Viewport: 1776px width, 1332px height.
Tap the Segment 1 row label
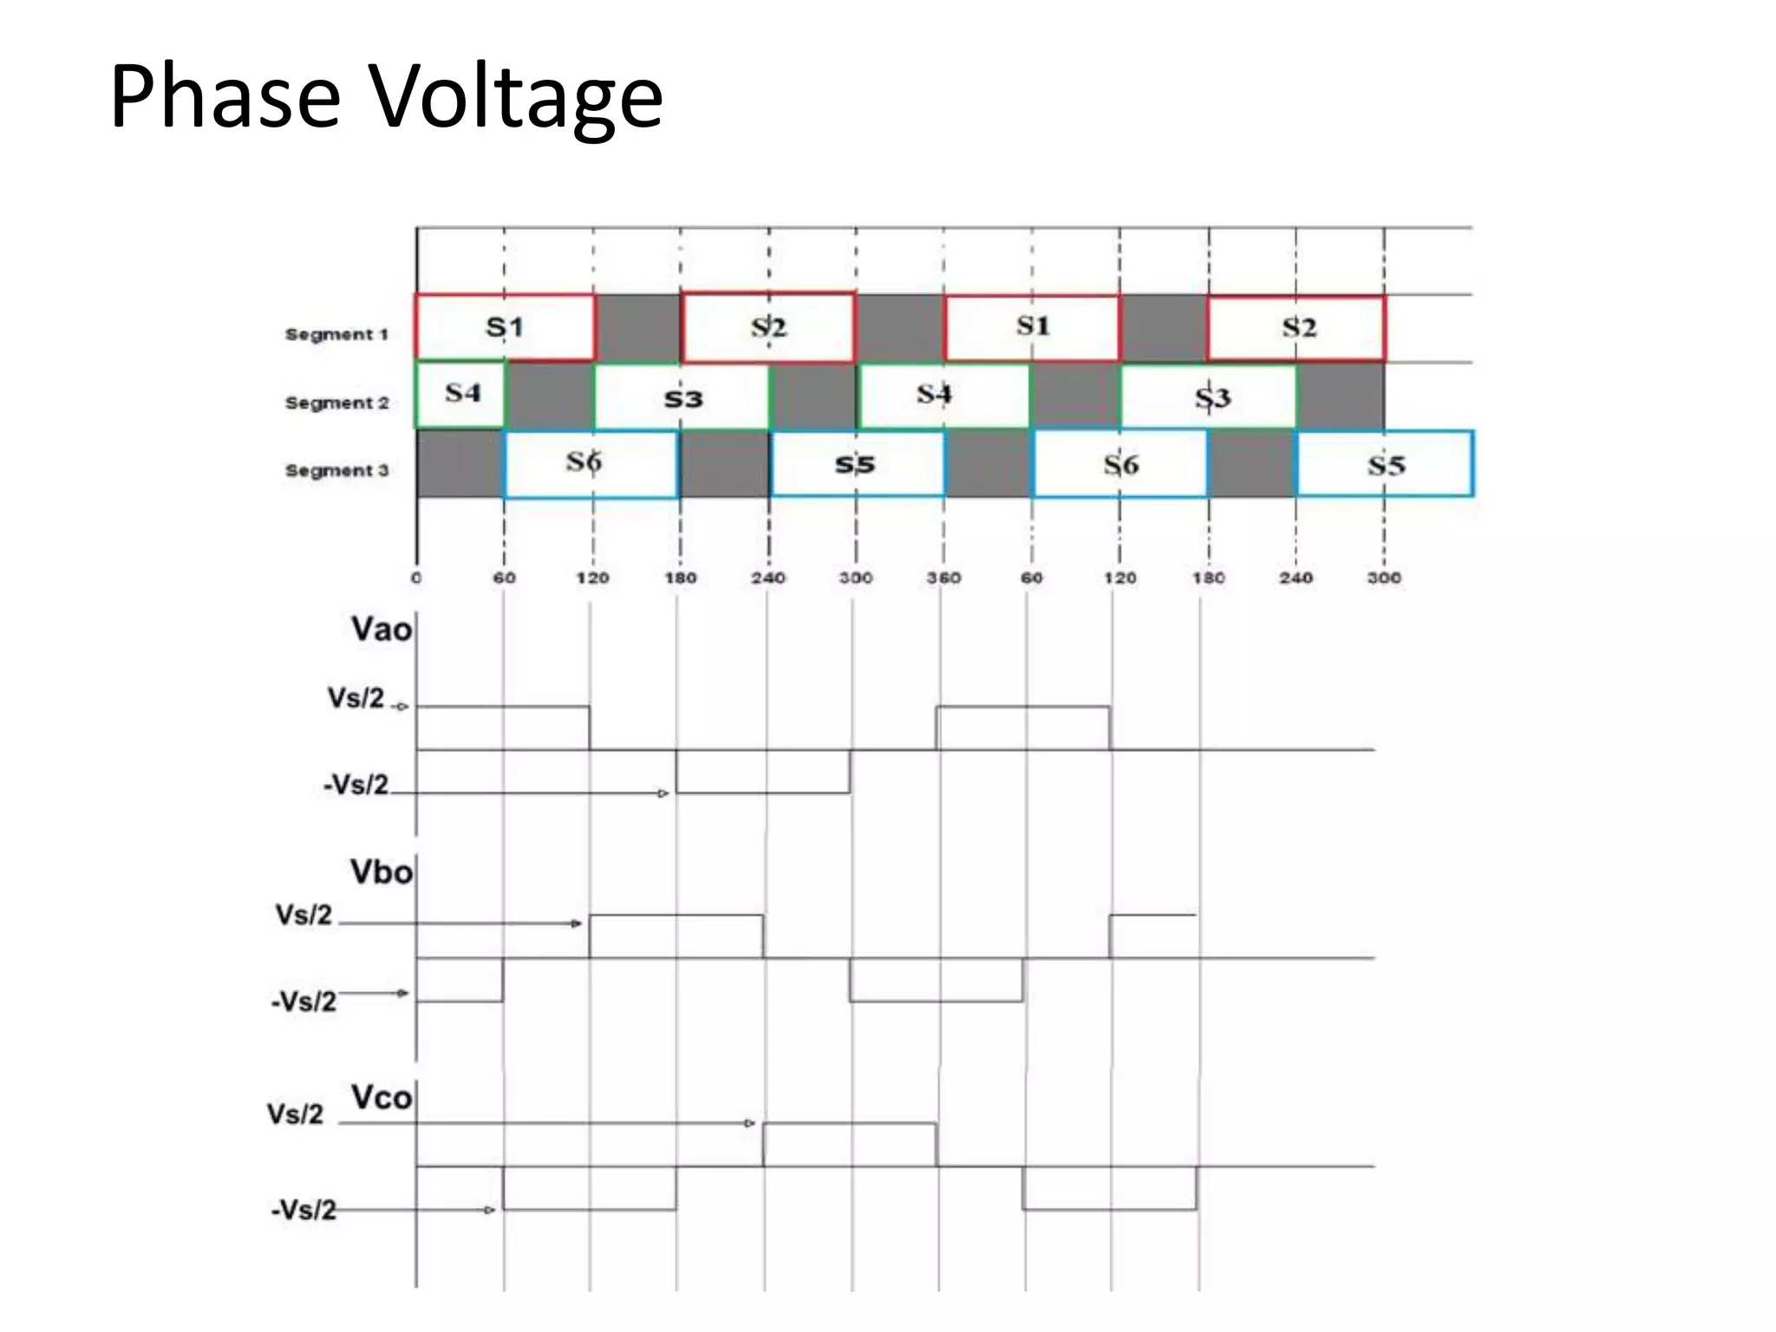(x=336, y=334)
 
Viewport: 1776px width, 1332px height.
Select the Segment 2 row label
(x=336, y=402)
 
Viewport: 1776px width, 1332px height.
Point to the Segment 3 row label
(x=336, y=470)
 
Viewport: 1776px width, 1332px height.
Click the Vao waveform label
(x=381, y=629)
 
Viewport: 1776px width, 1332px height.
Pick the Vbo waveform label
(x=381, y=872)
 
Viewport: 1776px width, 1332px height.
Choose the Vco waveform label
(x=381, y=1097)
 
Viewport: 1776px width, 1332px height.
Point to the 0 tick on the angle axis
(x=416, y=578)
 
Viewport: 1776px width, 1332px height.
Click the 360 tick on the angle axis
(x=943, y=578)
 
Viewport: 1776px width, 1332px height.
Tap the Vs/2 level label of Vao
(x=356, y=698)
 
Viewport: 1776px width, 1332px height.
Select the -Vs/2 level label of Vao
(x=356, y=785)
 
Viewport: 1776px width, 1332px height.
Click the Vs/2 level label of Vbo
(x=304, y=915)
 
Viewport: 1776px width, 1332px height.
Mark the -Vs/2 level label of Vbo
(x=304, y=1002)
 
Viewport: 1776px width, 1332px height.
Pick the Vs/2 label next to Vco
(x=295, y=1114)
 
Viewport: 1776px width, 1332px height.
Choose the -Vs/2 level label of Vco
(x=304, y=1210)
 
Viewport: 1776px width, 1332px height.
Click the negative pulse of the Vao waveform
(x=763, y=772)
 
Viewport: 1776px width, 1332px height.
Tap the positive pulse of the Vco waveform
(x=850, y=1145)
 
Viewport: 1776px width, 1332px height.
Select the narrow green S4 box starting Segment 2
(x=460, y=394)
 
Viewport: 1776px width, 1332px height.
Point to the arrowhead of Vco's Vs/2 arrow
(x=750, y=1124)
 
